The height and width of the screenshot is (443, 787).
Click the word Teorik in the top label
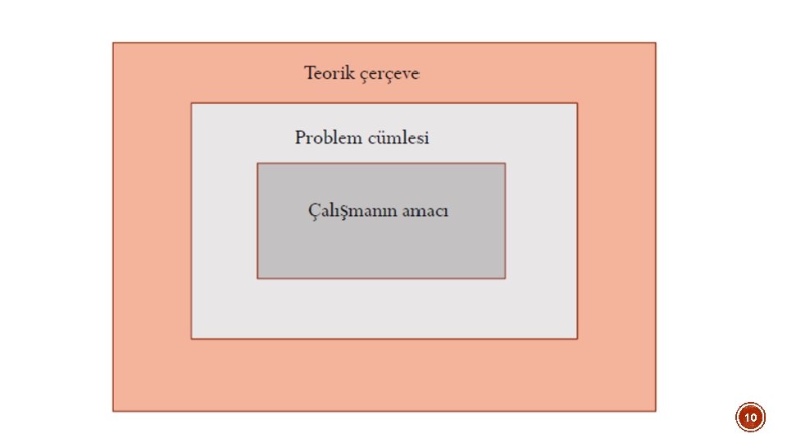pos(329,73)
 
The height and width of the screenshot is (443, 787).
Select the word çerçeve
pos(389,74)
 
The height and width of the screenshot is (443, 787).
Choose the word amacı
pos(426,211)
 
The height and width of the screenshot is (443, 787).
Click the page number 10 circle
pos(750,418)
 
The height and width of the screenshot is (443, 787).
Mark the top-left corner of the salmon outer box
pos(113,43)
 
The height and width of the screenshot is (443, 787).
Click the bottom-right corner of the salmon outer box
pos(655,410)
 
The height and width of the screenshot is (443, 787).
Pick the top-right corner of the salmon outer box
pos(655,43)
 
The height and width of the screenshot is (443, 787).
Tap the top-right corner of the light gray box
pos(577,103)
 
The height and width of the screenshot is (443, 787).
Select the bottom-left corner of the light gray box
pos(192,338)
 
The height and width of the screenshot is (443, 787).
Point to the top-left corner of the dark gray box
pos(257,163)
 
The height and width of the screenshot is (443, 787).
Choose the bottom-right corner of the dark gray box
pos(505,278)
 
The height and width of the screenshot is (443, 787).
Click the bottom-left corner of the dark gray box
pos(257,278)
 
